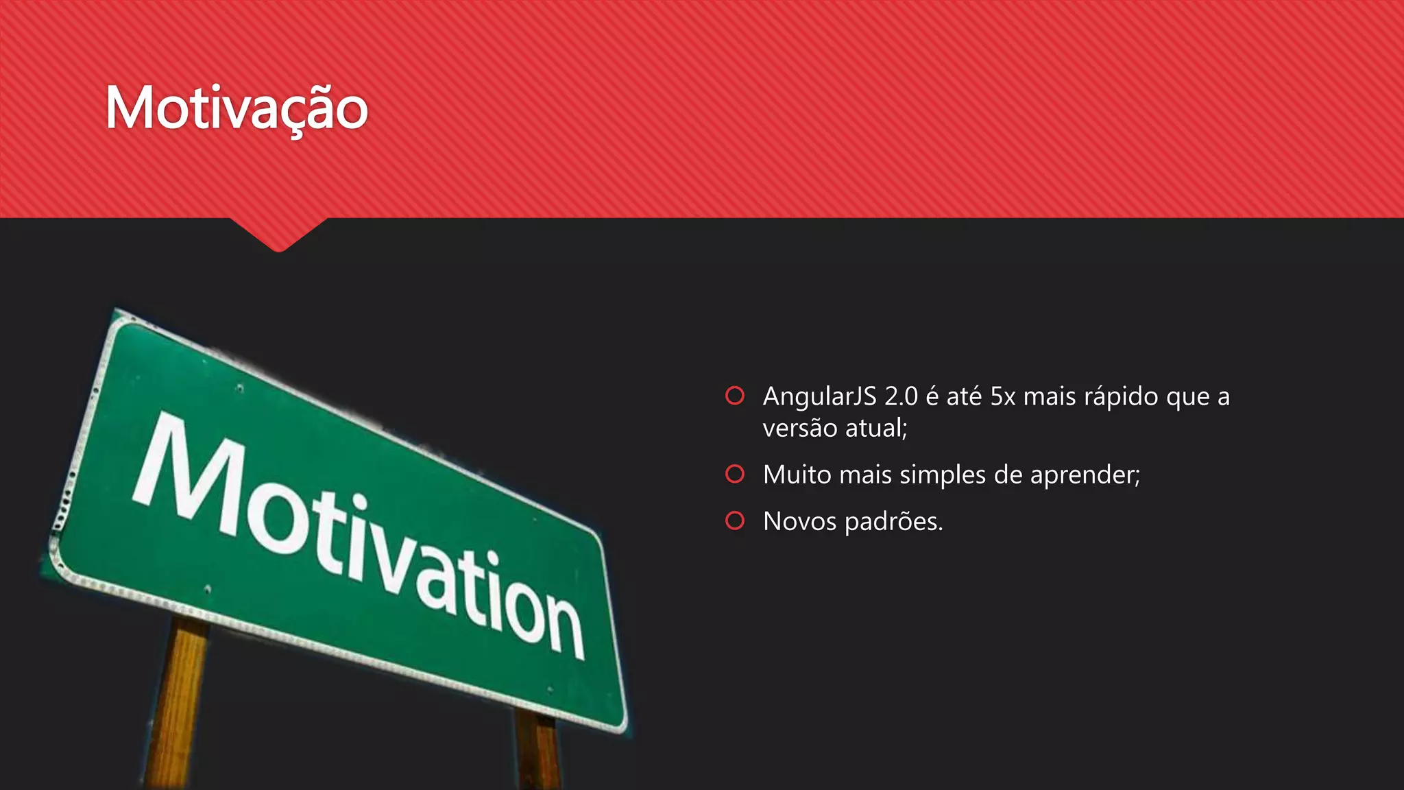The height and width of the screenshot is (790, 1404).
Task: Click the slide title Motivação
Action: pos(237,108)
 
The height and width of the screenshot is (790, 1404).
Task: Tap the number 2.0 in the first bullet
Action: pos(901,396)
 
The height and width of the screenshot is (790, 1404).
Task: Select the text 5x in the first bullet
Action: pos(1003,396)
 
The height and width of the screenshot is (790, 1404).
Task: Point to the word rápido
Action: pos(1120,397)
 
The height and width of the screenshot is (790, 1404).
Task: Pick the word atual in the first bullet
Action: pos(875,429)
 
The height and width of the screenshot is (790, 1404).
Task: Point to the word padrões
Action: pos(891,522)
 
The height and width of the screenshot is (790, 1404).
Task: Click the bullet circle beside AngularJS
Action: pos(735,396)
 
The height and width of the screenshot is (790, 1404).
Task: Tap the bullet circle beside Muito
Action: pos(735,474)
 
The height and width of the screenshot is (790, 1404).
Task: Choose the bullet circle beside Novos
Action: pos(735,520)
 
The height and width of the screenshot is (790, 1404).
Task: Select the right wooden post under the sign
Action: pos(539,751)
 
